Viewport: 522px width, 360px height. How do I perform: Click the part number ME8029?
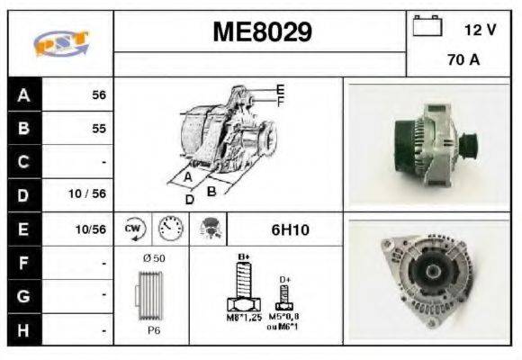[x=262, y=33]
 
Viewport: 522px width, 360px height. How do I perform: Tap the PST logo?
[x=61, y=43]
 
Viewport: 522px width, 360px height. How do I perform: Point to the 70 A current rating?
[x=463, y=62]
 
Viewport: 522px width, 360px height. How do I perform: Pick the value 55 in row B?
[x=99, y=129]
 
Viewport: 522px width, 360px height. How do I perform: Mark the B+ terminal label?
[x=242, y=257]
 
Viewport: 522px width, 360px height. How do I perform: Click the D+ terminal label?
[x=284, y=280]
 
